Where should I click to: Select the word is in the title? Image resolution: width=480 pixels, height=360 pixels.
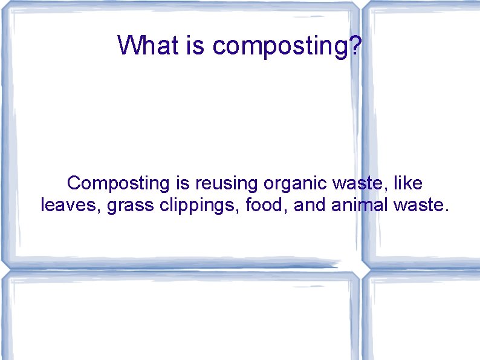point(197,45)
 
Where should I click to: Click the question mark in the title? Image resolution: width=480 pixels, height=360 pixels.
point(357,45)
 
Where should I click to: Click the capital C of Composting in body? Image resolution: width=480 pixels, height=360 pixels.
point(74,182)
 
